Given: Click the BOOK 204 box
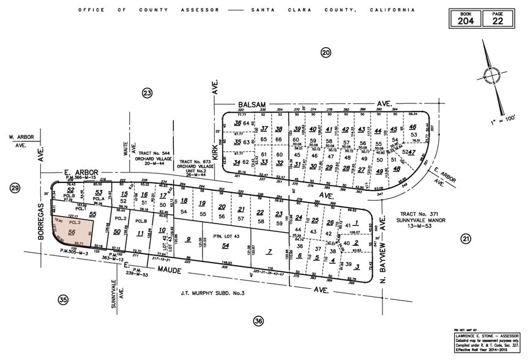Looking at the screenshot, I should [x=466, y=18].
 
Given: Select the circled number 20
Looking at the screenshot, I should [x=326, y=53].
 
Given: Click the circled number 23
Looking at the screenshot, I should [x=146, y=93].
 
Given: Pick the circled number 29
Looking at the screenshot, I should [x=15, y=188].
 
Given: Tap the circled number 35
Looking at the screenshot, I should [x=63, y=299].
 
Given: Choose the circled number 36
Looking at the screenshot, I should [x=258, y=321].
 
